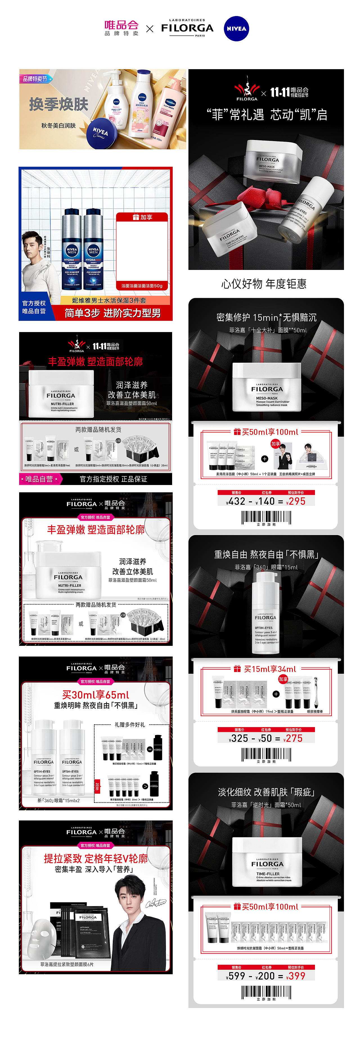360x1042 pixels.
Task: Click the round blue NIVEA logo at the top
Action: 236,29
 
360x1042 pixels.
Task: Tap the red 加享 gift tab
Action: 142,217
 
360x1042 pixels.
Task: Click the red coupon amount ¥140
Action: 266,501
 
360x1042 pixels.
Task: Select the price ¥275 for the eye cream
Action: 293,738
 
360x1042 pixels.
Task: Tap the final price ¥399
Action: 296,976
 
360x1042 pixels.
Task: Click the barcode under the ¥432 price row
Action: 266,517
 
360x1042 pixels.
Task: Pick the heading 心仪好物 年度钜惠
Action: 264,284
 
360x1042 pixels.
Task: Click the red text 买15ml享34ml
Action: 270,669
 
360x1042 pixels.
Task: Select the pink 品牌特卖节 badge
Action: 36,79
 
